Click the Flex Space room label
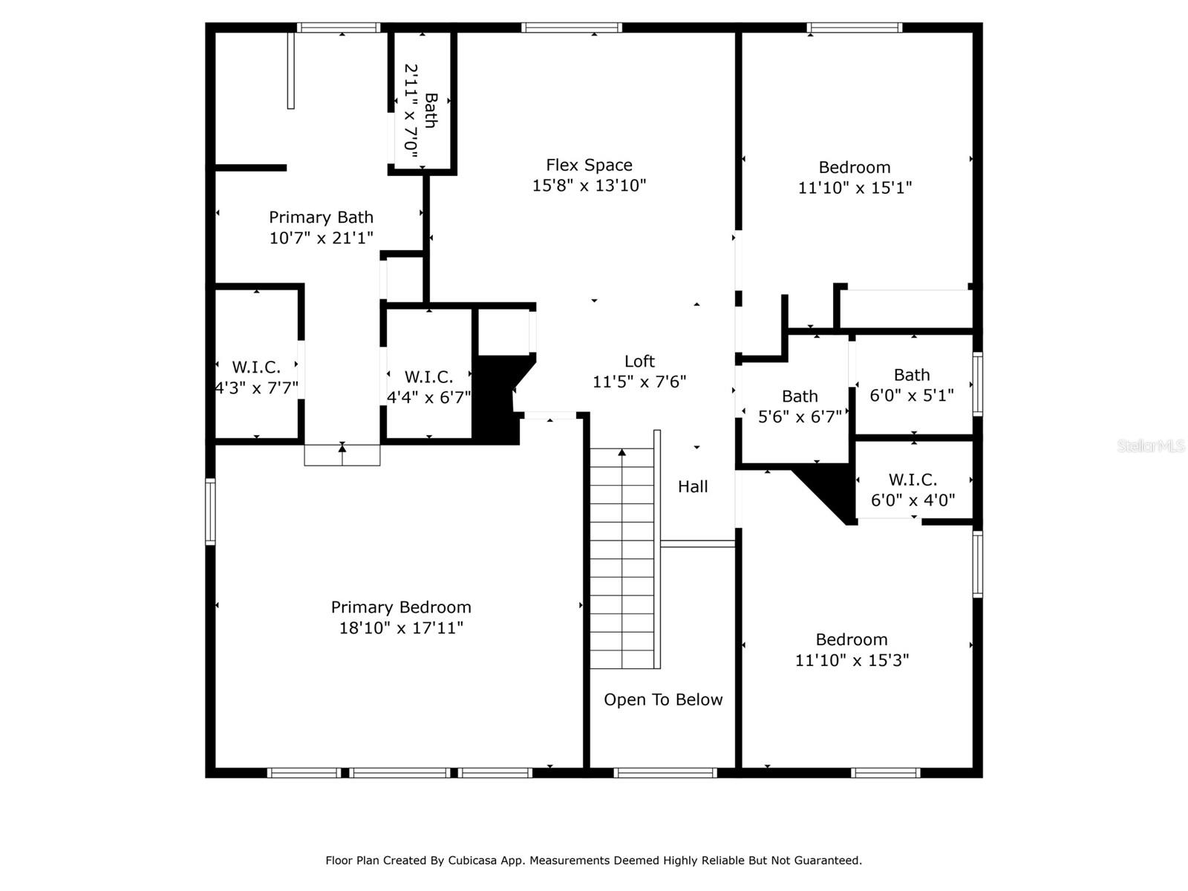pyautogui.click(x=589, y=165)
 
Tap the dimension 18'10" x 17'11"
pyautogui.click(x=401, y=628)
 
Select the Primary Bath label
pyautogui.click(x=321, y=218)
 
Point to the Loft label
pyautogui.click(x=639, y=362)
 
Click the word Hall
pyautogui.click(x=693, y=487)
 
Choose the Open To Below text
pyautogui.click(x=663, y=700)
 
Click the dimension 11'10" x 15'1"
pyautogui.click(x=855, y=188)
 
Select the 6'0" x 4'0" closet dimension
pyautogui.click(x=913, y=500)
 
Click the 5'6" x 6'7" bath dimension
pyautogui.click(x=800, y=417)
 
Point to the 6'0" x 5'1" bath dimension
pyautogui.click(x=912, y=396)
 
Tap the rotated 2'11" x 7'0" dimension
pyautogui.click(x=411, y=111)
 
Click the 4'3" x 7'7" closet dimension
pyautogui.click(x=257, y=388)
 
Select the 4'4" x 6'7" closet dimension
pyautogui.click(x=428, y=398)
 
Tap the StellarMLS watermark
pyautogui.click(x=1151, y=446)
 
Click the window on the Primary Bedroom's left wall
pyautogui.click(x=210, y=512)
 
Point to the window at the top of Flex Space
pyautogui.click(x=572, y=27)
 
